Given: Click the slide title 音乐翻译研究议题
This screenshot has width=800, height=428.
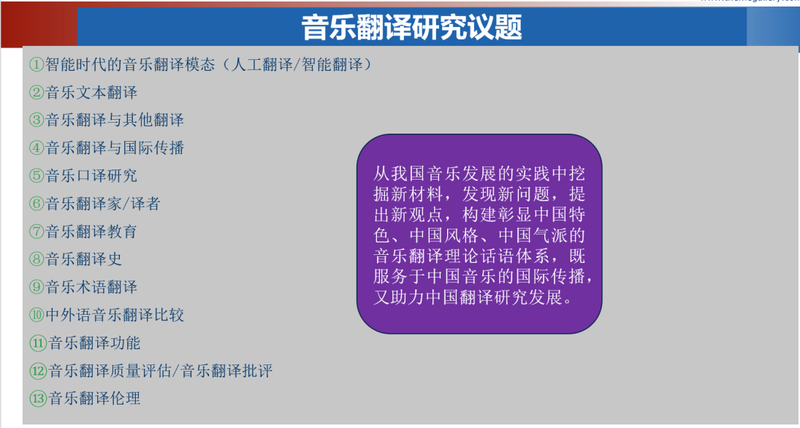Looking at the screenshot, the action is [x=412, y=27].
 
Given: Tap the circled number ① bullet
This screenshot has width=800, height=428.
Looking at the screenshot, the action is [x=37, y=65].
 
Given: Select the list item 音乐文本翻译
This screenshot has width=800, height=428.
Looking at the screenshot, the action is [x=91, y=92].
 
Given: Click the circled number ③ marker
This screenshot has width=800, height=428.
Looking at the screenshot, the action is [x=37, y=120].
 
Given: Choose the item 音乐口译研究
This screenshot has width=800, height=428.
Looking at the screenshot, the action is [x=91, y=175].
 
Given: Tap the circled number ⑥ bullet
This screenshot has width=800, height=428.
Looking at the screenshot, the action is [x=37, y=204].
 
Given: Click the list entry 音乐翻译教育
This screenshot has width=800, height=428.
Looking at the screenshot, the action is [x=91, y=232].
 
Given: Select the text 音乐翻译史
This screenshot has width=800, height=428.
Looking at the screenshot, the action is [x=84, y=259].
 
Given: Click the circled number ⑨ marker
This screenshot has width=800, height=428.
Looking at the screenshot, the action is [x=37, y=287].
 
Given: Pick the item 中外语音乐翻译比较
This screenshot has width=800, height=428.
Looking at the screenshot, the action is [x=115, y=315].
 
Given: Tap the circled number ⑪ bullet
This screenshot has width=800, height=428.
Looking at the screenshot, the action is [x=38, y=343].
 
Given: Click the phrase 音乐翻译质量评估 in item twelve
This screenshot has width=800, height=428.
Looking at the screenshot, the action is [x=110, y=371].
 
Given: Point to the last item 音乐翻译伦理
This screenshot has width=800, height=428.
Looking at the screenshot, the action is [x=94, y=398].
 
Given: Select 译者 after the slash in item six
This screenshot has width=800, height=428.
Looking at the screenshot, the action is [x=145, y=204].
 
